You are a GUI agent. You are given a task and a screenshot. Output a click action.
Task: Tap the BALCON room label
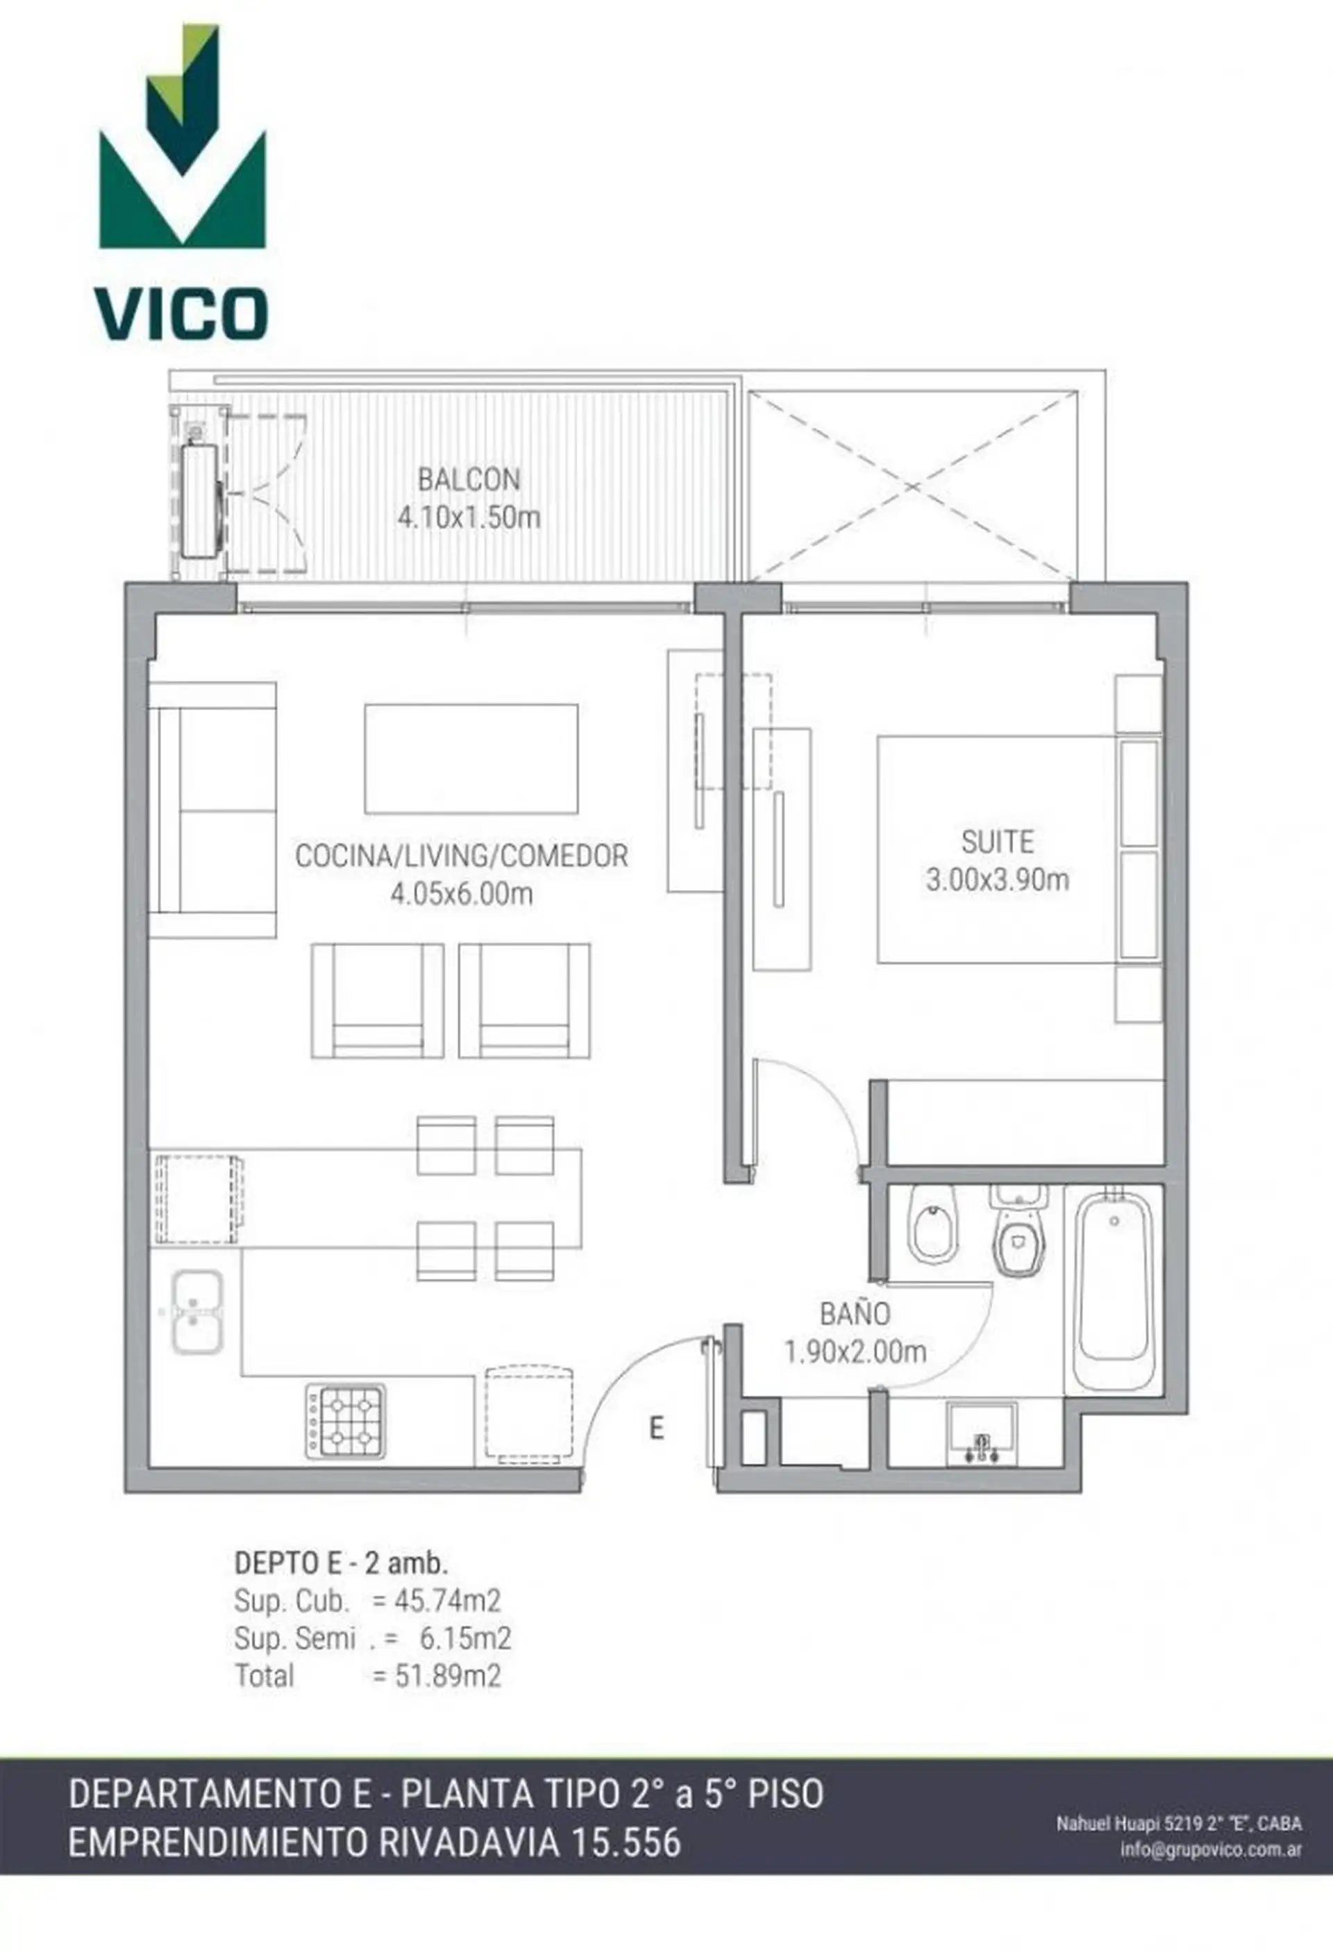469,480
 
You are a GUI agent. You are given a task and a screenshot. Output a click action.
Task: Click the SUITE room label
997,842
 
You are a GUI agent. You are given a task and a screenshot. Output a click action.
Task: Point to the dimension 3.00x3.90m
997,880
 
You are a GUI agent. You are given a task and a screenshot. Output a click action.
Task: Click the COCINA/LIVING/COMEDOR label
461,857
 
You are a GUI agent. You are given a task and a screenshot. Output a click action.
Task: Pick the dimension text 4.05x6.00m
461,894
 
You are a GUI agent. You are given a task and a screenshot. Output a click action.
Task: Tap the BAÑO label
855,1315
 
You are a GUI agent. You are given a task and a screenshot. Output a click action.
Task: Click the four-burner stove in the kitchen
346,1421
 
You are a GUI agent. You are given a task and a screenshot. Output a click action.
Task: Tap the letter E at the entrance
657,1428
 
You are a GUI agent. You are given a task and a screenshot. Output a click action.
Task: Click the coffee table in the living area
471,759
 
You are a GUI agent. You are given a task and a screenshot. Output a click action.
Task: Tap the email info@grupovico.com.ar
1210,1849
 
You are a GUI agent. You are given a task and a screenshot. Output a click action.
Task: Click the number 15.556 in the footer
627,1843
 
